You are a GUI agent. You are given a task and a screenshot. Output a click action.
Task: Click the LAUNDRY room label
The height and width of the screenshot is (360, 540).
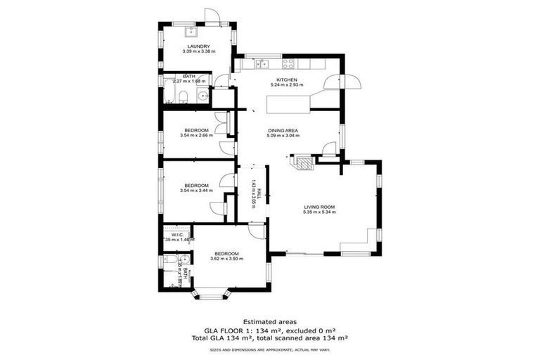coord(196,46)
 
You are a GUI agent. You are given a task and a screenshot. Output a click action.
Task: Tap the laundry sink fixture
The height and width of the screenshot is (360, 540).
coord(191,32)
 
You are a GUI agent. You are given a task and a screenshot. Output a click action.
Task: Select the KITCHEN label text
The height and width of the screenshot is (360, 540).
coord(286,80)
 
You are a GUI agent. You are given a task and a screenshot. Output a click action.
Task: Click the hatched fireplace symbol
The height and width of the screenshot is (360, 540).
coord(304,163)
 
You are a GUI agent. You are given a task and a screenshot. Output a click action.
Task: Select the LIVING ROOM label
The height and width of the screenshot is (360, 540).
coord(319,207)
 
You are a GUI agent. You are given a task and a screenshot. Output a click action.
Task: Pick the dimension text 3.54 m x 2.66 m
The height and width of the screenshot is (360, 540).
coord(196,136)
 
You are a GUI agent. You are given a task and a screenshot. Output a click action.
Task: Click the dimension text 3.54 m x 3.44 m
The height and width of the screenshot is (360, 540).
coord(196,191)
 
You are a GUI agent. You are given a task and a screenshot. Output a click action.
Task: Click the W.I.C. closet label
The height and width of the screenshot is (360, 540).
coord(177,234)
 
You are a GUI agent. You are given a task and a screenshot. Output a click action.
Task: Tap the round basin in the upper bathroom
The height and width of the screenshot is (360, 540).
coord(202,97)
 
